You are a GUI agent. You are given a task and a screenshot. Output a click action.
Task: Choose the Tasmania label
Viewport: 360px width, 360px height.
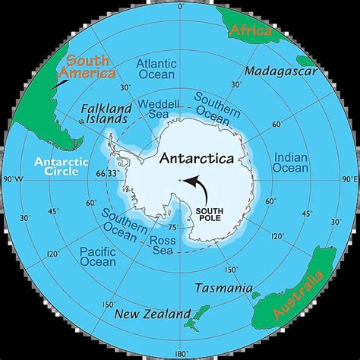223,288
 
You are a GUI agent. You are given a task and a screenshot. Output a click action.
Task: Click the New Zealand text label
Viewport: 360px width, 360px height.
153,314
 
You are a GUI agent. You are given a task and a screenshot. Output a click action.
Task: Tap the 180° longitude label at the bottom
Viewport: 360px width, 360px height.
180,352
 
